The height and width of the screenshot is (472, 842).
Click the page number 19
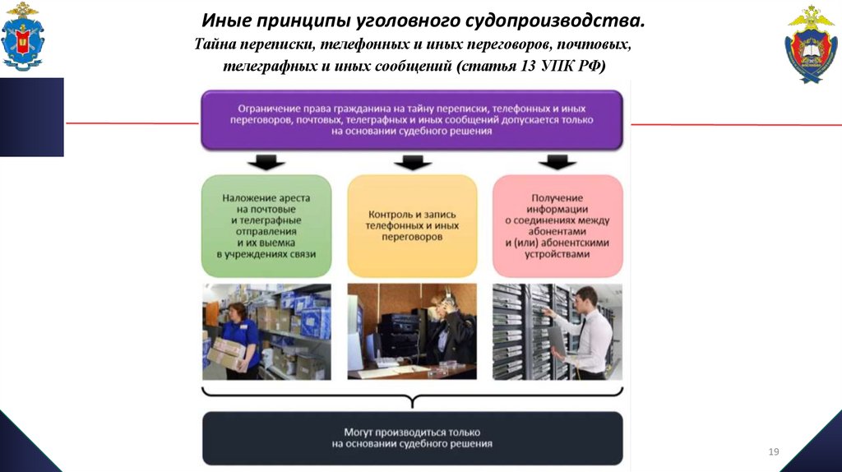pos(773,451)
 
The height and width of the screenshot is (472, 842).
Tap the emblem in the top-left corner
pos(22,36)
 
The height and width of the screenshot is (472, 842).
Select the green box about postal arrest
pos(266,226)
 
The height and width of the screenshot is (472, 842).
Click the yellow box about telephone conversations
pos(412,226)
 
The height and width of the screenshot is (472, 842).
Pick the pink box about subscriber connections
pos(557,226)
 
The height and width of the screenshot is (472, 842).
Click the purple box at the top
pos(412,120)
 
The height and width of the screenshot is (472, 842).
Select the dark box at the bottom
pos(412,437)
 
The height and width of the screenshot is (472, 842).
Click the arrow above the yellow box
pos(412,162)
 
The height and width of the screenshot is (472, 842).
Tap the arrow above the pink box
pos(557,162)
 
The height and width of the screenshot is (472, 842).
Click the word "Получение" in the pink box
pos(557,197)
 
